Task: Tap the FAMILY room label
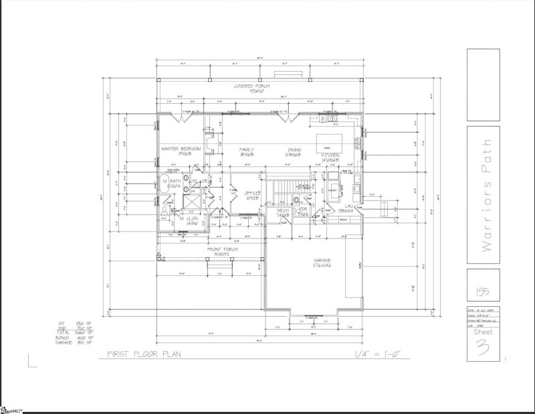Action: point(246,149)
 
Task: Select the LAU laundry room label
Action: point(346,208)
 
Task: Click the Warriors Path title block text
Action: point(487,198)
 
